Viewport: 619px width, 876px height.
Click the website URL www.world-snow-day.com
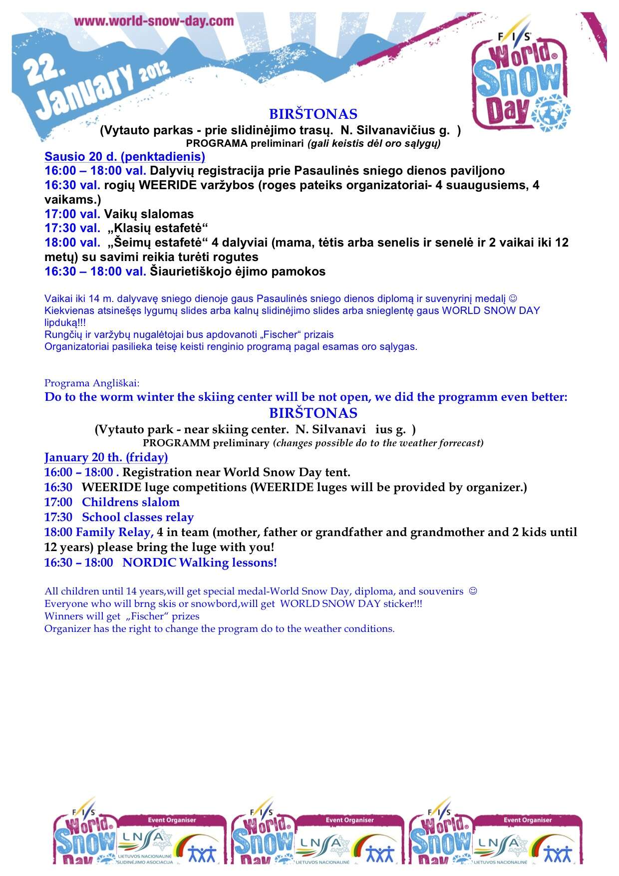[x=154, y=21]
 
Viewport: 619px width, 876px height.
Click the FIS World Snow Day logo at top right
[x=519, y=80]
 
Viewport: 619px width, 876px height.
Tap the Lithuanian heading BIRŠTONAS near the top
[x=313, y=114]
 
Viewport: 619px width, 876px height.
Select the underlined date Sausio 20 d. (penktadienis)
[x=125, y=157]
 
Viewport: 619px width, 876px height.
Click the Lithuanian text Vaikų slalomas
[x=149, y=214]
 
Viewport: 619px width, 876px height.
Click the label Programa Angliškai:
[x=92, y=383]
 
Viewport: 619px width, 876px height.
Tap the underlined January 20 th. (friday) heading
[x=106, y=457]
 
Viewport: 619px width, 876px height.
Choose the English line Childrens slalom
[x=131, y=502]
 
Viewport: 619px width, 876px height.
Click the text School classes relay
[x=138, y=517]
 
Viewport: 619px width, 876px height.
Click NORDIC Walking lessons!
[x=200, y=563]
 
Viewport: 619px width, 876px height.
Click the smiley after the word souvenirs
[x=473, y=591]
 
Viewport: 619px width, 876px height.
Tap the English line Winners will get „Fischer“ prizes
[x=122, y=616]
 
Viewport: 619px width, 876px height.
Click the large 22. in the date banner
[x=45, y=73]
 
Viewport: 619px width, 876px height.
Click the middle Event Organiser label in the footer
[x=349, y=820]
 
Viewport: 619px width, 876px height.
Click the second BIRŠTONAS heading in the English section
[x=313, y=413]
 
